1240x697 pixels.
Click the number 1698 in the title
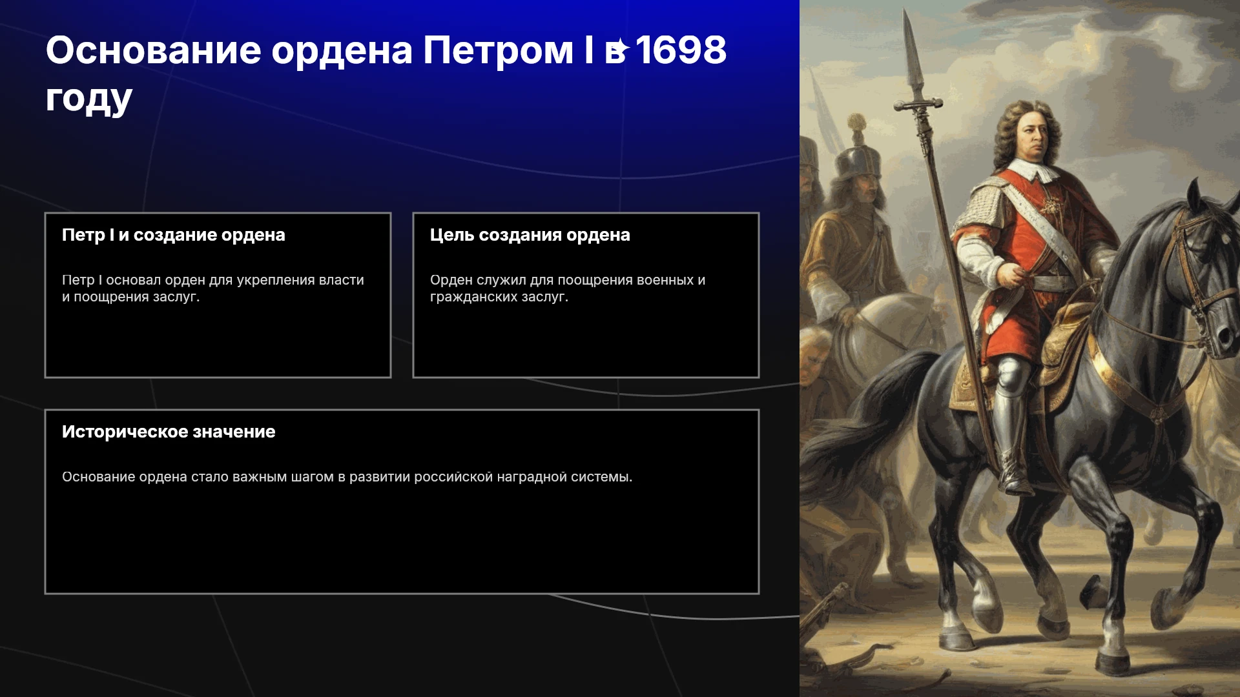click(681, 50)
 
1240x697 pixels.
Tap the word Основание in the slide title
click(154, 50)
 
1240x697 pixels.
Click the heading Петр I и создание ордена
click(174, 235)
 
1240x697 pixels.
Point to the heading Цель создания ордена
click(530, 235)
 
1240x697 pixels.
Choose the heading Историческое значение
click(169, 432)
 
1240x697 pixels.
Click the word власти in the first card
click(342, 280)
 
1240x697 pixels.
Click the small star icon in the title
click(621, 48)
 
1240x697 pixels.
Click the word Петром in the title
click(498, 50)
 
